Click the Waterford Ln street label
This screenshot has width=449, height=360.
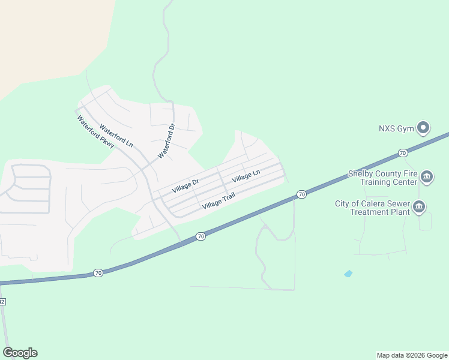click(116, 136)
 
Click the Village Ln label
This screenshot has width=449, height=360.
click(246, 176)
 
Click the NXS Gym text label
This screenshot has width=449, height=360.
click(396, 128)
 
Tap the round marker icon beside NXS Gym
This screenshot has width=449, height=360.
click(423, 127)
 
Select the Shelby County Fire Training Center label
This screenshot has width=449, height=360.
click(382, 178)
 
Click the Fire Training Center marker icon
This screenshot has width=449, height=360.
click(427, 176)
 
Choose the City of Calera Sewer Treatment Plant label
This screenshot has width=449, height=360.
click(373, 208)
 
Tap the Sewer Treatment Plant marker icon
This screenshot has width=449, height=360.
click(419, 207)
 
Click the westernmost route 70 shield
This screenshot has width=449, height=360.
click(98, 273)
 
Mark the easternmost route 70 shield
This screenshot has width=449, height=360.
click(402, 154)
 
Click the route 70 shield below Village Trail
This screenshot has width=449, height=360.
click(200, 236)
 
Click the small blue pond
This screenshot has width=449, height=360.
click(348, 274)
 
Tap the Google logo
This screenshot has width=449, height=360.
click(20, 353)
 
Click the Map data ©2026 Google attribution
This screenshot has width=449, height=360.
click(412, 355)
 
